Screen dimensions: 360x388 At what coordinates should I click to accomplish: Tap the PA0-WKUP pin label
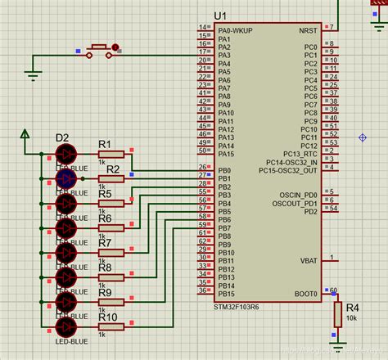[237, 30]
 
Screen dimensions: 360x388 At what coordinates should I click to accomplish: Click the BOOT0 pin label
[305, 293]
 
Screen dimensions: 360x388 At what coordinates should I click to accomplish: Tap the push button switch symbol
[101, 51]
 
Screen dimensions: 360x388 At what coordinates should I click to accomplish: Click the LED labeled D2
[64, 153]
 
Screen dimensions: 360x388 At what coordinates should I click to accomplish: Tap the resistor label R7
[106, 243]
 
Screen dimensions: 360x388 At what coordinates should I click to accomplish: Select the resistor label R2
[113, 169]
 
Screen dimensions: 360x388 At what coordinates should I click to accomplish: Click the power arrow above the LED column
[25, 133]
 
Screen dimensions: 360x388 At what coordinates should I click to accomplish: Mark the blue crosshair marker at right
[363, 137]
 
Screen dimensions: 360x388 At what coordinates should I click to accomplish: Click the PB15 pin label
[226, 293]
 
